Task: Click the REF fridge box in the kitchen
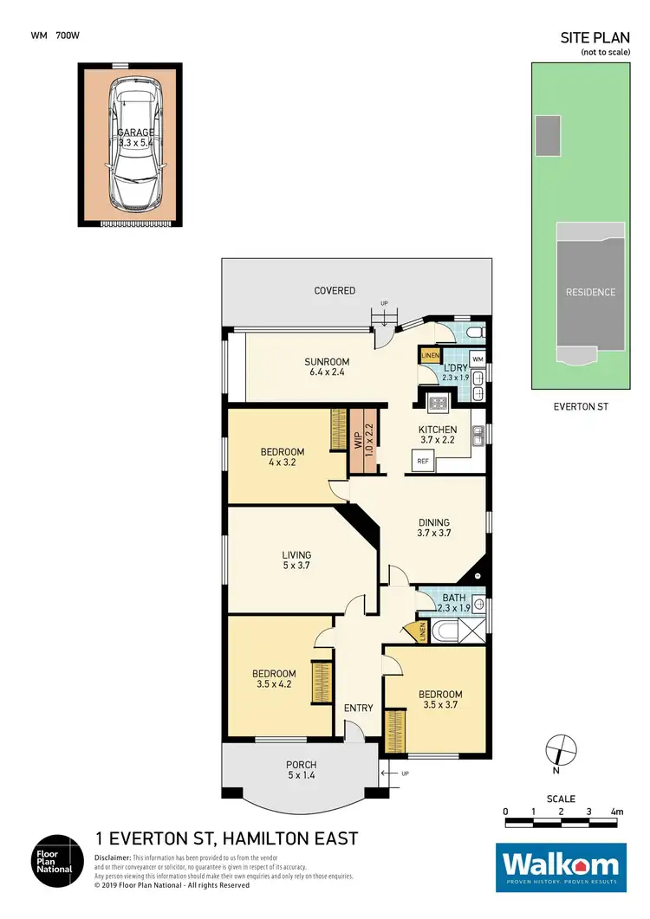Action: [423, 462]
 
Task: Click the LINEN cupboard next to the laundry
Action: [429, 355]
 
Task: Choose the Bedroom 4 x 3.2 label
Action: [283, 457]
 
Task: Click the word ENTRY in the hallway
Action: [358, 708]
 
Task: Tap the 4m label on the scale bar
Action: [616, 812]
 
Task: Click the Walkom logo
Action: [560, 867]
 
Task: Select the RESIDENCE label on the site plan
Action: [590, 292]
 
